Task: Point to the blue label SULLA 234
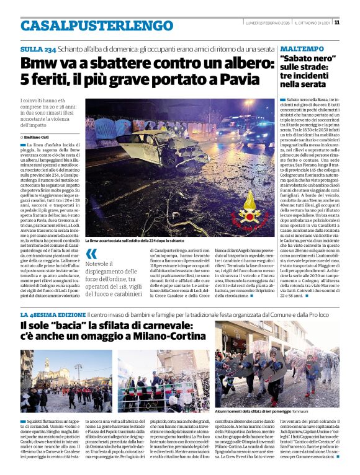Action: coord(38,49)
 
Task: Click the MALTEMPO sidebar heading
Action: coord(302,48)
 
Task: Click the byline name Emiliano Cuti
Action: coord(38,136)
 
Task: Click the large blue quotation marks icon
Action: coord(91,254)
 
